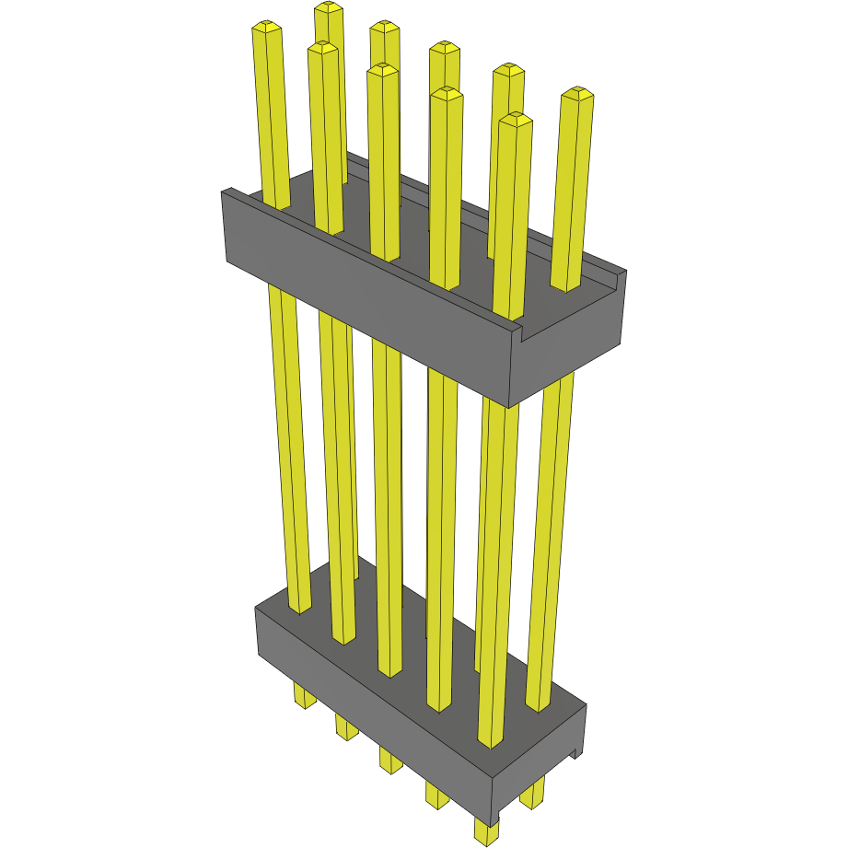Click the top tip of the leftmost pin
[266, 29]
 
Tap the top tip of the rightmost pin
[577, 93]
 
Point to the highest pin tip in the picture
[329, 7]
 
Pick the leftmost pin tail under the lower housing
[304, 696]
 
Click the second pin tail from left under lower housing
[346, 728]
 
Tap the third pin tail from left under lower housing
[390, 761]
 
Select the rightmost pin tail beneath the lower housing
[532, 794]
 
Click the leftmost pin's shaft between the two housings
[288, 442]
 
